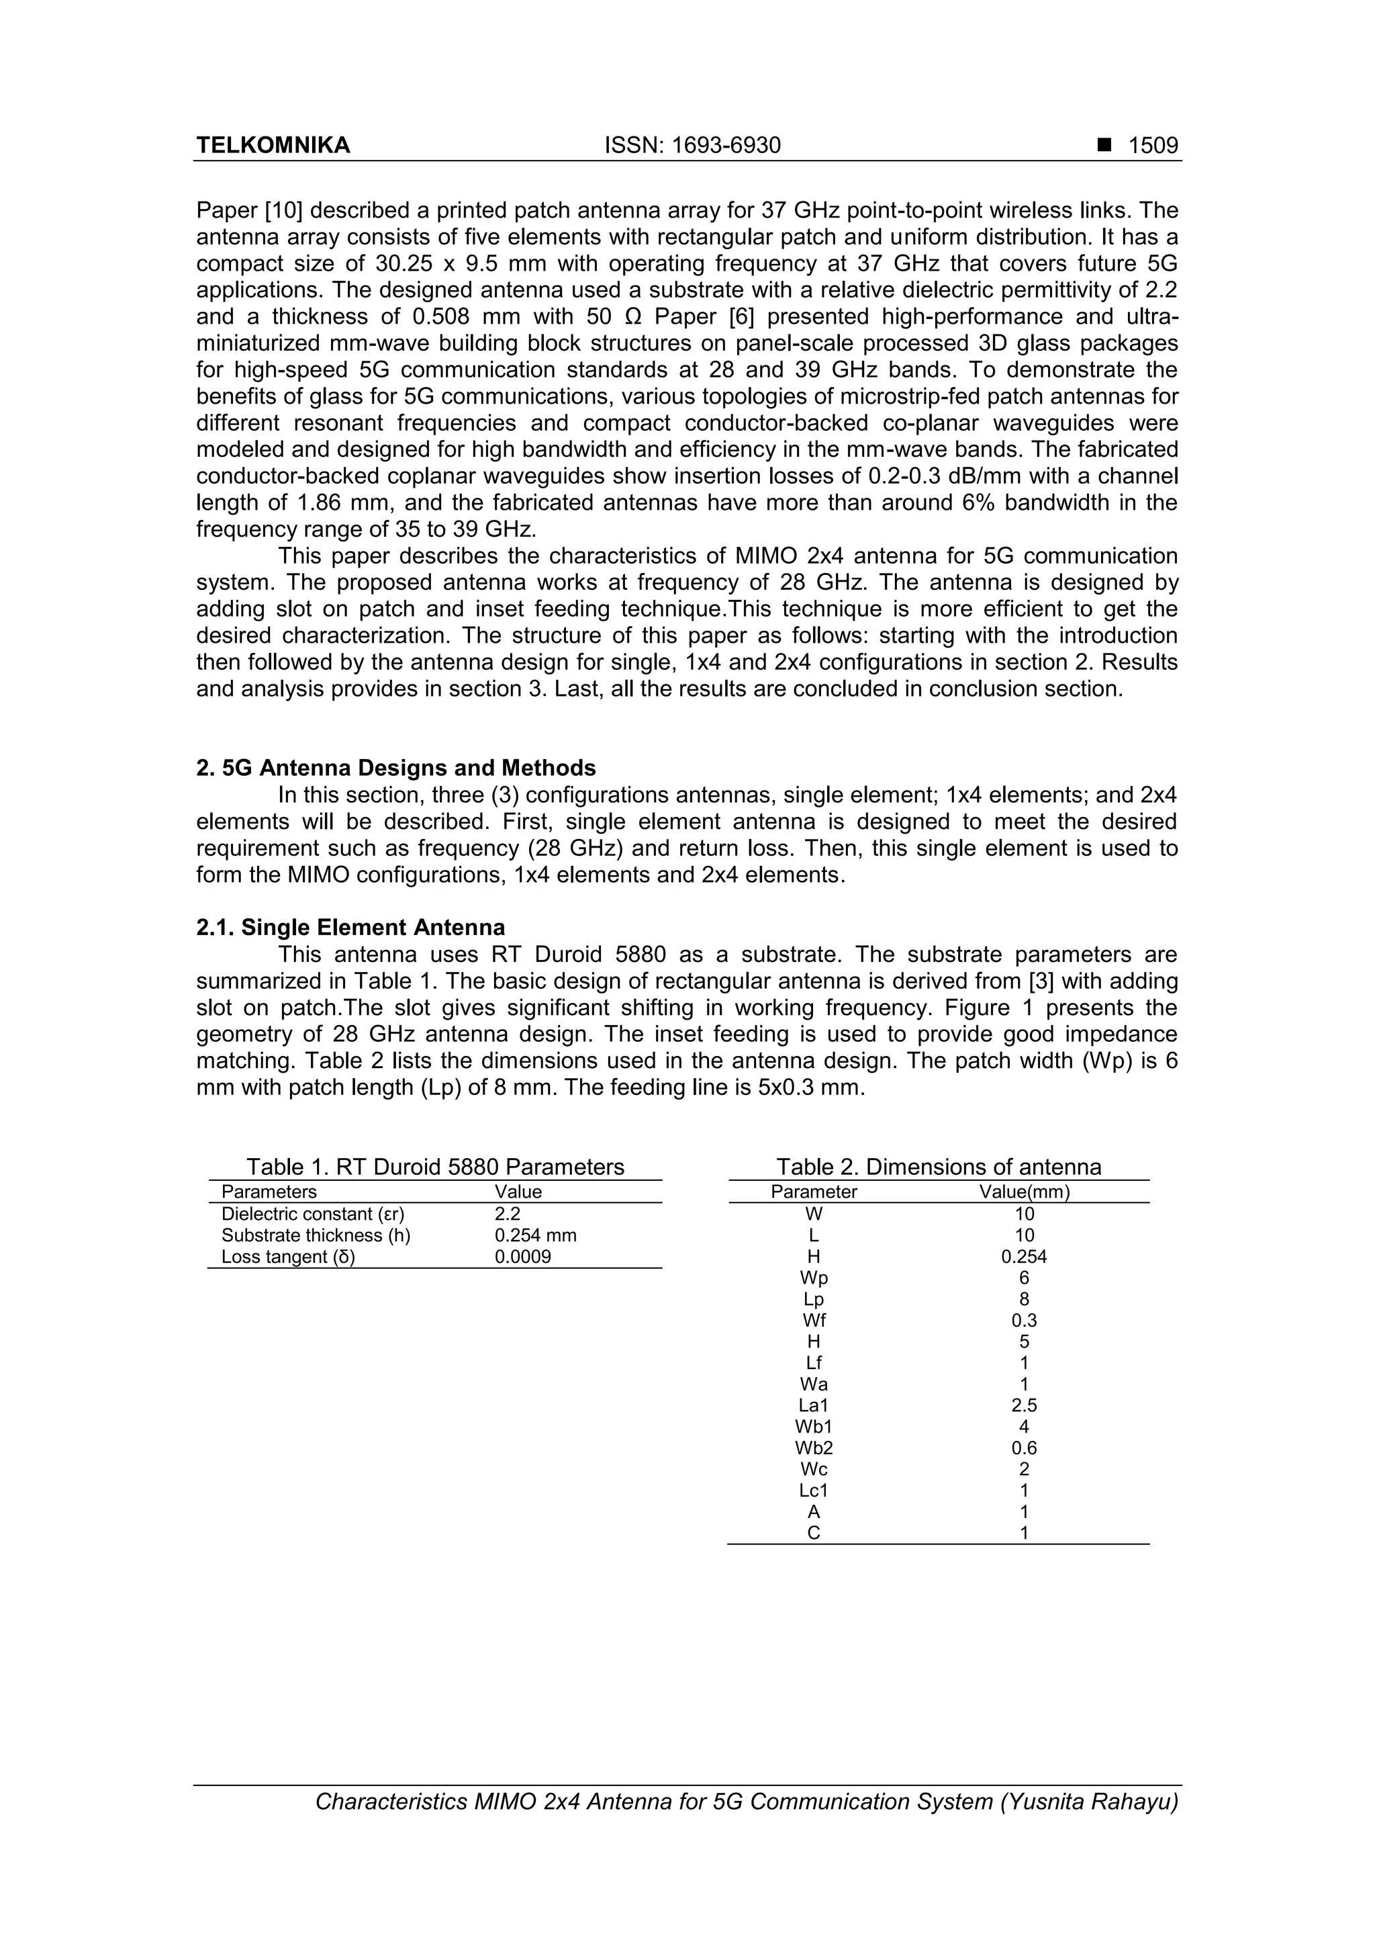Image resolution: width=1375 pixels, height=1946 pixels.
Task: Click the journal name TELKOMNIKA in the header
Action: pos(273,146)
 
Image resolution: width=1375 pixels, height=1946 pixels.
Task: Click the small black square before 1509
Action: pos(1104,145)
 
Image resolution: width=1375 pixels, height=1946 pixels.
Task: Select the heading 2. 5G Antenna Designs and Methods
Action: pos(395,768)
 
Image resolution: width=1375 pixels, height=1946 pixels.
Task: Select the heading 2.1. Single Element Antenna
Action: pos(350,927)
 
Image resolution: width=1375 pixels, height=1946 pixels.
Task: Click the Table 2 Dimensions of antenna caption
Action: pos(939,1167)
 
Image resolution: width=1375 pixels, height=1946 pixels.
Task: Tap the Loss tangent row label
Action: pos(288,1257)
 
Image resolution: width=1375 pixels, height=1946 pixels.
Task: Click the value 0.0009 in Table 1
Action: pos(523,1257)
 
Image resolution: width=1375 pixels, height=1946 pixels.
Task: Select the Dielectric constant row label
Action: pos(313,1214)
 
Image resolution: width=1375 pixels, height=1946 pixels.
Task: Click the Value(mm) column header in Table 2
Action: pos(1025,1192)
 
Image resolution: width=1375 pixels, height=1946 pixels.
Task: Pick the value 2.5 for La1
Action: pos(1025,1405)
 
